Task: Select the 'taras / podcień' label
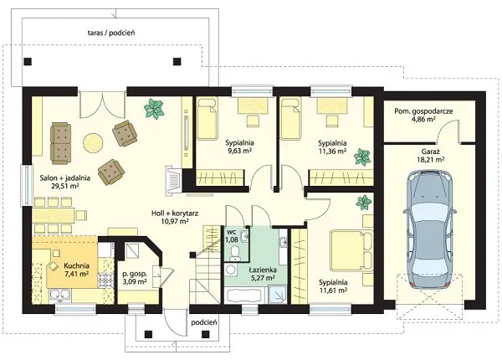click(111, 33)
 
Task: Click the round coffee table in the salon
click(93, 143)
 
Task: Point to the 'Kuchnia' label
click(76, 265)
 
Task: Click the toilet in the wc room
click(235, 252)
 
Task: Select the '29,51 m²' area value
click(65, 186)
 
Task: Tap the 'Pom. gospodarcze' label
click(423, 111)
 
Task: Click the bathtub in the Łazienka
click(245, 295)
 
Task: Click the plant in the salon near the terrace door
click(154, 109)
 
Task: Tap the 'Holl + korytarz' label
click(175, 213)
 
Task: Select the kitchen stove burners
click(106, 280)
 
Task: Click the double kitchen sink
click(59, 296)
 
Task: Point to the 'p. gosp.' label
click(135, 274)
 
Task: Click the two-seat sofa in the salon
click(60, 143)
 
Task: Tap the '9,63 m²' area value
click(239, 150)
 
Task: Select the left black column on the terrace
click(28, 61)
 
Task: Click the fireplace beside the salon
click(173, 180)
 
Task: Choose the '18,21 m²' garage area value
click(430, 159)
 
